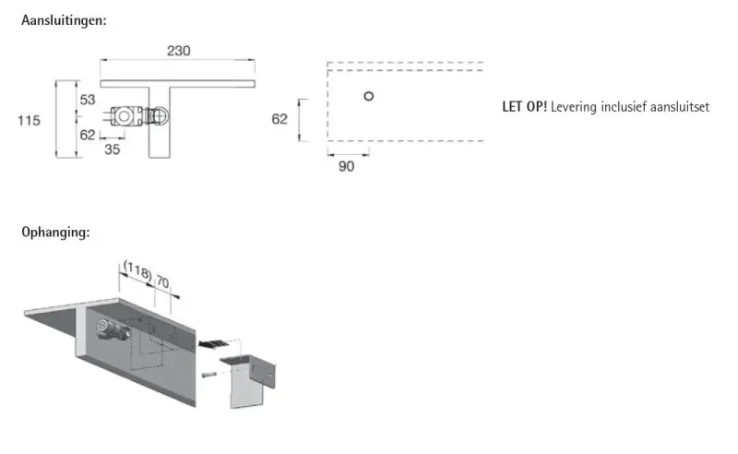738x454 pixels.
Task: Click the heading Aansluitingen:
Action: click(x=64, y=20)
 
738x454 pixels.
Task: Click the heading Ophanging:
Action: click(x=55, y=233)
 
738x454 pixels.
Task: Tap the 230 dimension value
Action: click(x=178, y=51)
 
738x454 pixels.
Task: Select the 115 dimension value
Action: click(x=29, y=121)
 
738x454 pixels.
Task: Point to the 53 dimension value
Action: click(x=88, y=100)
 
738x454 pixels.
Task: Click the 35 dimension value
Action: click(x=112, y=149)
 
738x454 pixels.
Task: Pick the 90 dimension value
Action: click(x=347, y=166)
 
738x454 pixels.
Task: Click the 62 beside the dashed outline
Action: click(x=280, y=119)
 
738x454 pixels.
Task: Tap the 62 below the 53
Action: click(x=88, y=135)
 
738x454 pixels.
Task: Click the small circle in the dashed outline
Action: click(x=369, y=96)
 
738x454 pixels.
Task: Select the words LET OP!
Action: click(x=524, y=107)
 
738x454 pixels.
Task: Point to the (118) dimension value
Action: click(x=137, y=270)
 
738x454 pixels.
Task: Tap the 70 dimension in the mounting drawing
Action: click(x=162, y=281)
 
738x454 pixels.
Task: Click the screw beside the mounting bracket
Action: click(x=208, y=375)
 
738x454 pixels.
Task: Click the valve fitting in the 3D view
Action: click(x=113, y=329)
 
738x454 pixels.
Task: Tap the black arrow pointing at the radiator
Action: click(x=214, y=344)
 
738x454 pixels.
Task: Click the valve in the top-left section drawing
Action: click(x=139, y=116)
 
